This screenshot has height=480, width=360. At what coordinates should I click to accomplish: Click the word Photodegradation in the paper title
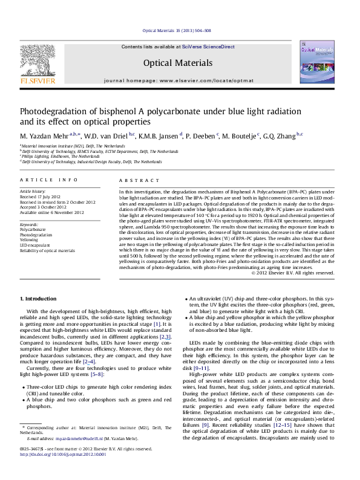pos(54,112)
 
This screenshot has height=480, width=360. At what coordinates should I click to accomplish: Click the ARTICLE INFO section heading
pos(48,180)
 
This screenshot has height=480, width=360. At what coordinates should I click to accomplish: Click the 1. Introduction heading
pos(41,299)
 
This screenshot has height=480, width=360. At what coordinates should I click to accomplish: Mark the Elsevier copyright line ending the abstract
pos(293,273)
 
